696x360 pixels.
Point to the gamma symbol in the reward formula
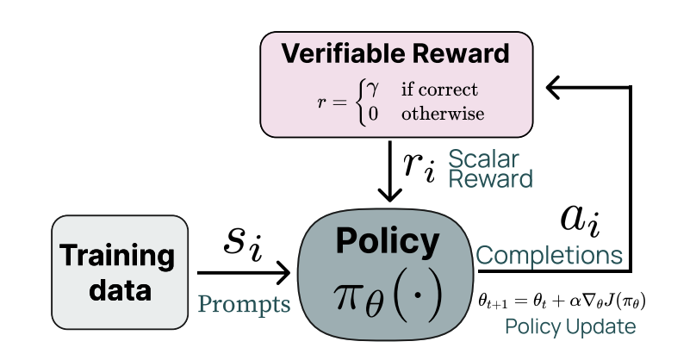pos(373,89)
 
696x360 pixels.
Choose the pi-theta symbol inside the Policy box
pos(387,295)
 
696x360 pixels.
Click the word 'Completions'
pos(549,256)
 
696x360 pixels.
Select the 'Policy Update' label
pos(570,327)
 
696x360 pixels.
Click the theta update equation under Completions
pos(562,301)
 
